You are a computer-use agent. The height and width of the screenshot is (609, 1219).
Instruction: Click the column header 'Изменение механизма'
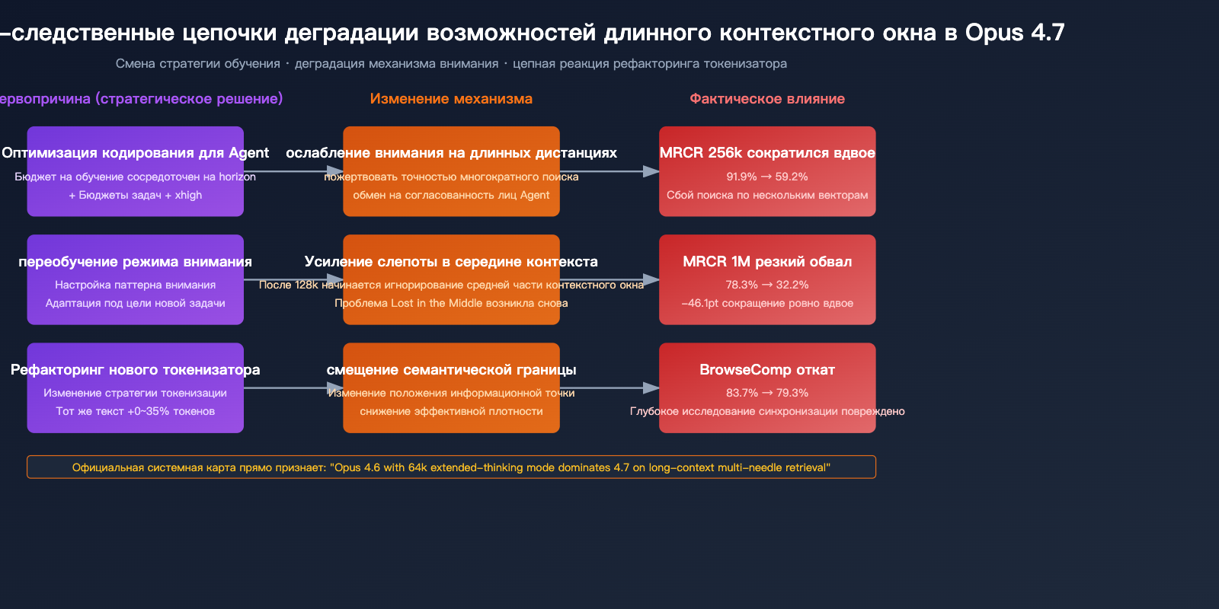pyautogui.click(x=451, y=99)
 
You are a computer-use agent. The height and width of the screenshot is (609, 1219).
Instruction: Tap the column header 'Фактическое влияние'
pyautogui.click(x=767, y=99)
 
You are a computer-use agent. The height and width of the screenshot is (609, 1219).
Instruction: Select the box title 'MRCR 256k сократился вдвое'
pyautogui.click(x=767, y=153)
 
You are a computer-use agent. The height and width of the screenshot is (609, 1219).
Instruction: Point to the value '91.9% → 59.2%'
pyautogui.click(x=767, y=177)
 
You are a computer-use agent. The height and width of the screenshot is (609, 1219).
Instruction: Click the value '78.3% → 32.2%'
pyautogui.click(x=767, y=285)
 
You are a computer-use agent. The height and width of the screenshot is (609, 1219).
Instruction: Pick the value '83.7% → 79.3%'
pyautogui.click(x=767, y=393)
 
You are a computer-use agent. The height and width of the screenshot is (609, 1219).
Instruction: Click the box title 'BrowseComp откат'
pyautogui.click(x=767, y=370)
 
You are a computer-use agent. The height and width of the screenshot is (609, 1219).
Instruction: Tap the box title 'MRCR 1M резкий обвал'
pyautogui.click(x=767, y=262)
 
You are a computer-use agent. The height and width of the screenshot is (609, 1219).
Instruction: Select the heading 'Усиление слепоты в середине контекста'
pyautogui.click(x=451, y=262)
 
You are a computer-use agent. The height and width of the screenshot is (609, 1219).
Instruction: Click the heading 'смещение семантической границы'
pyautogui.click(x=451, y=370)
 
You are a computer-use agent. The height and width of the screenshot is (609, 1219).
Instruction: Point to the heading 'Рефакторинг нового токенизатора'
pyautogui.click(x=136, y=370)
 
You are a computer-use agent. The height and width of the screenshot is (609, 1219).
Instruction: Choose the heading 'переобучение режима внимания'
pyautogui.click(x=136, y=262)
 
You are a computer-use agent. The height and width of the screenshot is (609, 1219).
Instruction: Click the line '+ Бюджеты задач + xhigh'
pyautogui.click(x=136, y=195)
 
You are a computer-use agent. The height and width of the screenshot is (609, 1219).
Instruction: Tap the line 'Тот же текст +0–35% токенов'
pyautogui.click(x=136, y=411)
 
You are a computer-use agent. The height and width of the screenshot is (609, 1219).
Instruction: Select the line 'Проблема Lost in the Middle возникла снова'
pyautogui.click(x=451, y=303)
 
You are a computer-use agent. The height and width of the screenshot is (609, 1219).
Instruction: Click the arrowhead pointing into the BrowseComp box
pyautogui.click(x=652, y=388)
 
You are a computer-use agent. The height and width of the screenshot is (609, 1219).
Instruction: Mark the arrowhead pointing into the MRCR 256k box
pyautogui.click(x=652, y=171)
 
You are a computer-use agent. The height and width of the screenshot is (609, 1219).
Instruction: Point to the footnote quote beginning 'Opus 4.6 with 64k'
pyautogui.click(x=580, y=467)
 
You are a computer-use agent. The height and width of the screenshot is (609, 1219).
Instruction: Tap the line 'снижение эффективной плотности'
pyautogui.click(x=451, y=411)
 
